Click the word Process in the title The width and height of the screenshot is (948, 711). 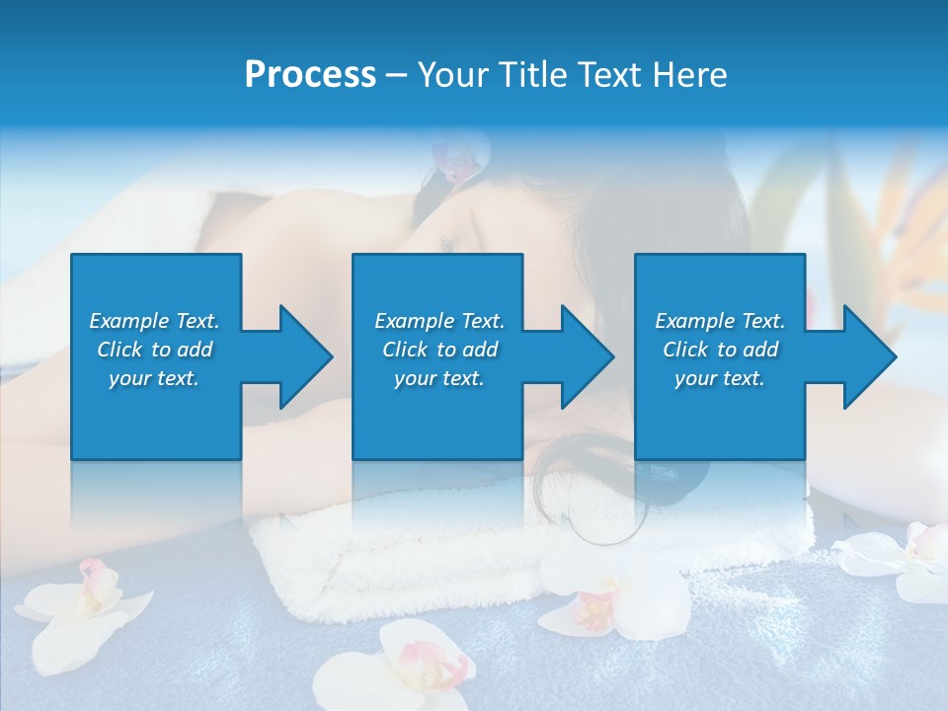(x=310, y=75)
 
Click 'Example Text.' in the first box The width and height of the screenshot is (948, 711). (x=154, y=321)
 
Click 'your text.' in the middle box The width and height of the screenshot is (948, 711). (x=438, y=378)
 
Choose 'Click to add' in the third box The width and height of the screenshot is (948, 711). (x=720, y=350)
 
